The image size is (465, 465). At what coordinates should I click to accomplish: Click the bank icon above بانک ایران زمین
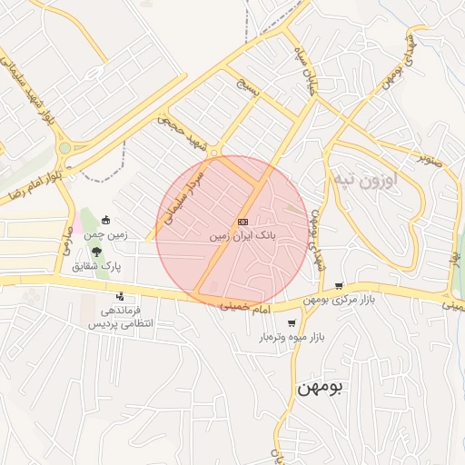(242, 222)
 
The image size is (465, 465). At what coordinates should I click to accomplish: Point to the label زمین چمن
(107, 234)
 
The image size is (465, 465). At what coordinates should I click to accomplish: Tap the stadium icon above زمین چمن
(106, 220)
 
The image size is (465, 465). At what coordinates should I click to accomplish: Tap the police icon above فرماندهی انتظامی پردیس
(120, 296)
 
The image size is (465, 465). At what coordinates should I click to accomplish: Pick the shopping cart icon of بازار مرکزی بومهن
(339, 286)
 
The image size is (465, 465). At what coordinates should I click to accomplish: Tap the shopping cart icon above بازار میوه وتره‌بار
(292, 323)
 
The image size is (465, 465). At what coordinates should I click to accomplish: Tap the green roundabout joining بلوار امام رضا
(64, 148)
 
